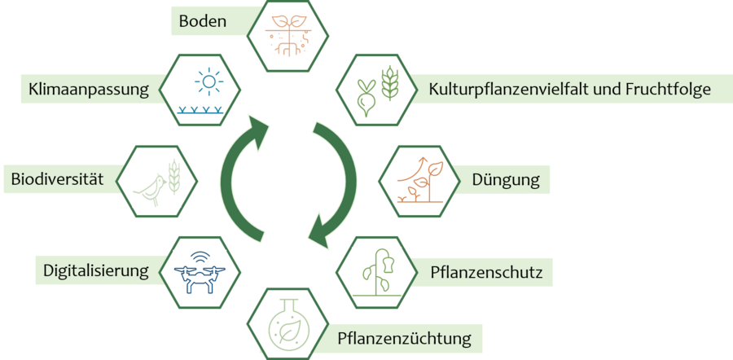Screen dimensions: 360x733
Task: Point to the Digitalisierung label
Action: (x=96, y=270)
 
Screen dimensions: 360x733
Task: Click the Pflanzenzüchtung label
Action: (x=404, y=336)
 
